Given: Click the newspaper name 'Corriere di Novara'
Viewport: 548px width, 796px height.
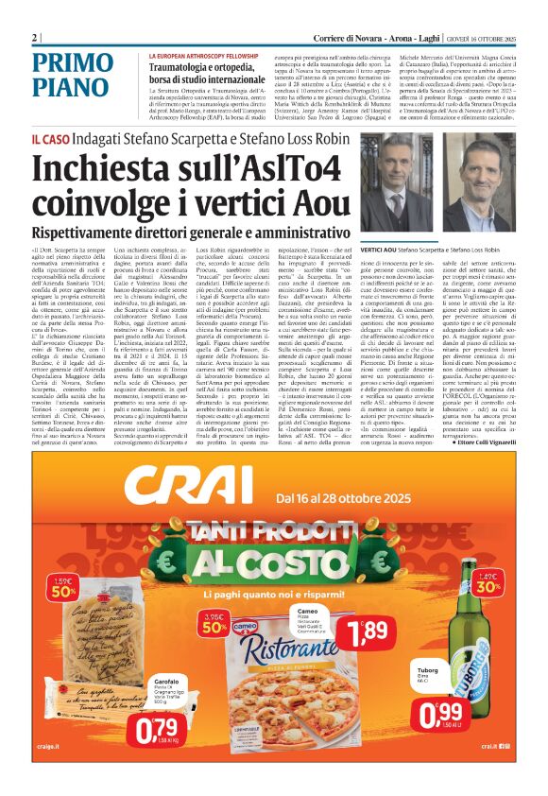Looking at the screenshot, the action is [x=349, y=38].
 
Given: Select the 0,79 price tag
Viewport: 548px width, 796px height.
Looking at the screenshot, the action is [x=157, y=726].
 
